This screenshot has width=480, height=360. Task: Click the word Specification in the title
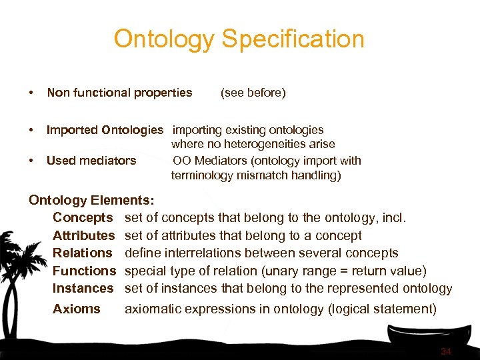293,39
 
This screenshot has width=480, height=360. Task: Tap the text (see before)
253,93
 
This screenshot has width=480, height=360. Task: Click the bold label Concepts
83,217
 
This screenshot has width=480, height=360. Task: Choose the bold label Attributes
84,235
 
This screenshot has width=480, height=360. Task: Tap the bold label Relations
83,253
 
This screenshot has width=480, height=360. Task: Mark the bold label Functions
84,271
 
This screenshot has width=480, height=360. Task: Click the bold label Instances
83,288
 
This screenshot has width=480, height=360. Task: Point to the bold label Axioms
77,309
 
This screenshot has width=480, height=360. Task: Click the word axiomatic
152,309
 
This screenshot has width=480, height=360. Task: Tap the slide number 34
446,351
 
